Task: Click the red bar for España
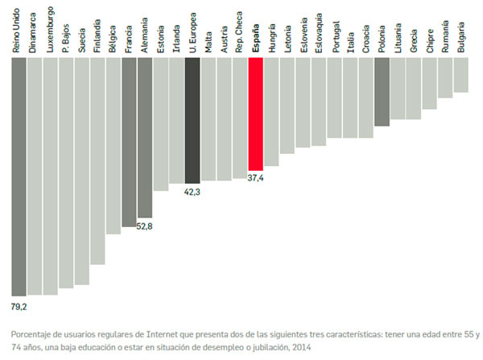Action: click(256, 112)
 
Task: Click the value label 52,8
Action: click(145, 226)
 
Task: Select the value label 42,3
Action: click(192, 192)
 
